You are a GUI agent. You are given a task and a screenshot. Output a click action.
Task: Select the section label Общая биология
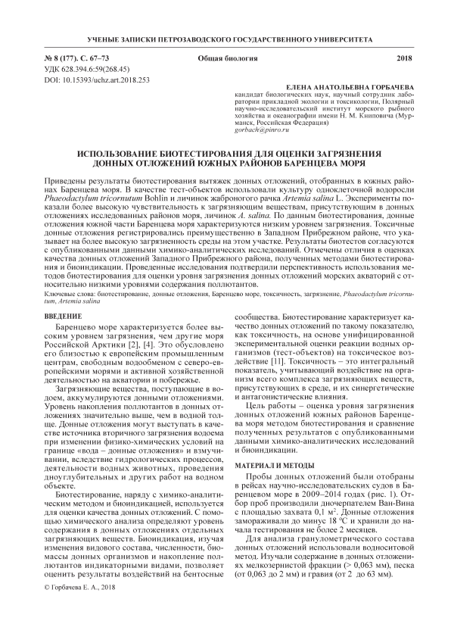pyautogui.click(x=227, y=58)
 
